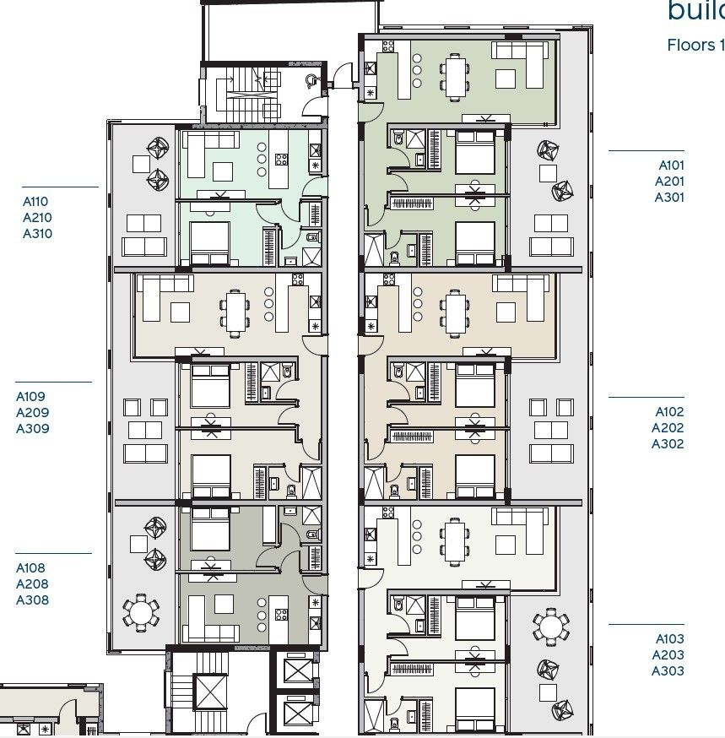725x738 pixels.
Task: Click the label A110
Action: click(35, 202)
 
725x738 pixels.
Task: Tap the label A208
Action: click(33, 584)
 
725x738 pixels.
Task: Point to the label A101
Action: click(672, 166)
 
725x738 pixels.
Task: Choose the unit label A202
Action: click(668, 428)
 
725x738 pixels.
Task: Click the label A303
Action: click(668, 671)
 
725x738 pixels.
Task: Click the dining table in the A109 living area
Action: click(235, 309)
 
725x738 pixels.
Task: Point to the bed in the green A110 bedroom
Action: click(209, 243)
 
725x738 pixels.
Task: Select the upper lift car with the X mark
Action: click(298, 672)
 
